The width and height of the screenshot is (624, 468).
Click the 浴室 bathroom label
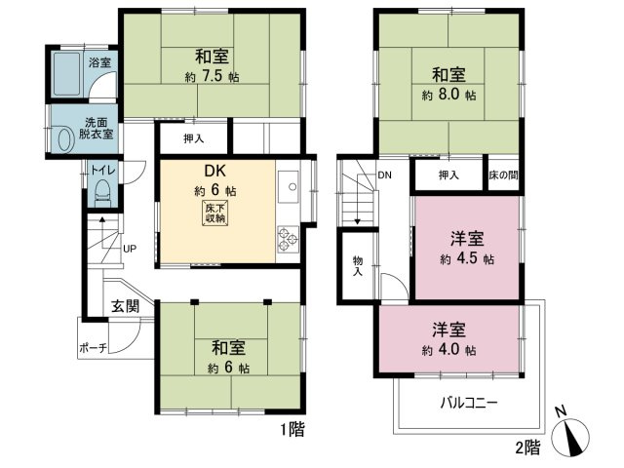99,63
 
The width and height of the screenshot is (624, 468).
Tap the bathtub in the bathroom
66,73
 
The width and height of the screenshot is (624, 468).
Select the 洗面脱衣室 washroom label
97,128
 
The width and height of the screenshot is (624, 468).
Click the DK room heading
214,171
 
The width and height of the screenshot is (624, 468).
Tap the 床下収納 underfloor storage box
214,214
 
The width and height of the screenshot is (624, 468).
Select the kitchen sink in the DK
290,184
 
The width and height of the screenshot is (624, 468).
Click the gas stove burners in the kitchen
290,238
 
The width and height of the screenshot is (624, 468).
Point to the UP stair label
129,249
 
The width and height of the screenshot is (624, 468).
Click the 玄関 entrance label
123,305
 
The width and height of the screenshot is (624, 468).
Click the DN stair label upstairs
384,176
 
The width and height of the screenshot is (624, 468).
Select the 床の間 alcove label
503,175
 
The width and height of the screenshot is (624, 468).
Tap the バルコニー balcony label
470,401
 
